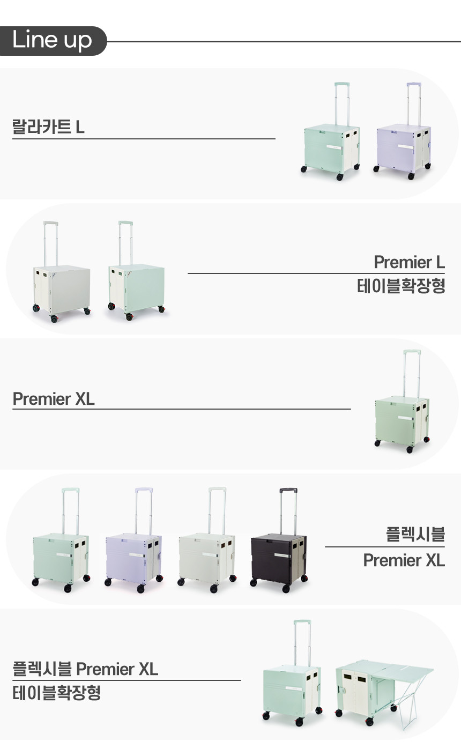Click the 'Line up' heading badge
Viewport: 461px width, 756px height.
pyautogui.click(x=52, y=41)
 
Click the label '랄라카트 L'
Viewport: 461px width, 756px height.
pyautogui.click(x=48, y=127)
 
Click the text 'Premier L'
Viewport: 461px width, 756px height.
pyautogui.click(x=409, y=262)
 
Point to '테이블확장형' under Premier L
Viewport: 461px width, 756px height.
pyautogui.click(x=401, y=286)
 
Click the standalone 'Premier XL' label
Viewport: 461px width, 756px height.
pyautogui.click(x=54, y=399)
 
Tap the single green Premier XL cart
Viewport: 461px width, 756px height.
pyautogui.click(x=402, y=418)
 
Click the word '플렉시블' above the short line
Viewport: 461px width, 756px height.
pyautogui.click(x=415, y=534)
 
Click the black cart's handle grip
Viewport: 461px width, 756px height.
pyautogui.click(x=288, y=490)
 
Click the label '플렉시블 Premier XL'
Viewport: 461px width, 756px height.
pyautogui.click(x=85, y=669)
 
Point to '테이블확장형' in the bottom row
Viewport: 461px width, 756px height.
pyautogui.click(x=56, y=693)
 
